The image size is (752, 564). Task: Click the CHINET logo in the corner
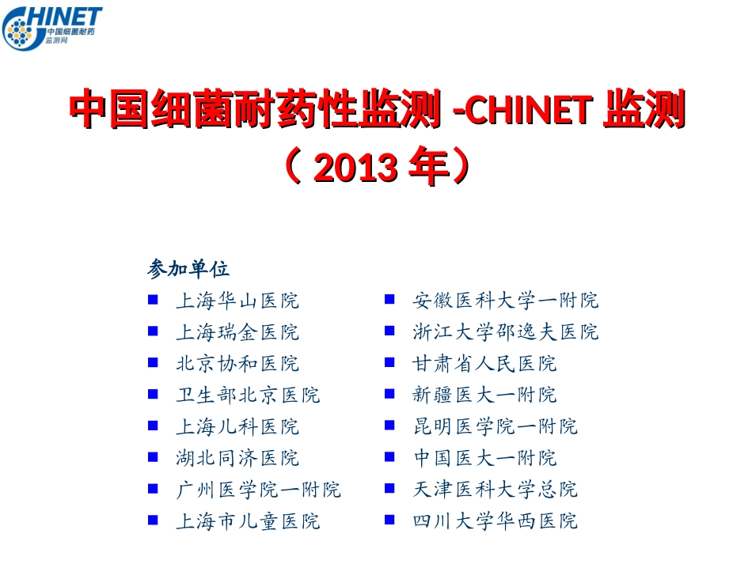coord(52,27)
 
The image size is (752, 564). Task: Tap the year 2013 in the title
coord(355,167)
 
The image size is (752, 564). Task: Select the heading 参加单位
coord(188,269)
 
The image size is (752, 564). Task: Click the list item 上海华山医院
coord(237,301)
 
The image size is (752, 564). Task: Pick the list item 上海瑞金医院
coord(237,332)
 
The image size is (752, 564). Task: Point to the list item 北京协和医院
coord(237,364)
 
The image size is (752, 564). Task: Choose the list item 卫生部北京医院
coord(248,395)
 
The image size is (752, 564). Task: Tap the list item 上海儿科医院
coord(237,426)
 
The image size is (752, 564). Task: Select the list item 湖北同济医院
coord(237,458)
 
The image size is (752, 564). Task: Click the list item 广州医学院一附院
coord(258,490)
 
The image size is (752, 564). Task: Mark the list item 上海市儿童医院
coord(248,521)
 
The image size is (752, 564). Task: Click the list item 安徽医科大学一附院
coord(506,301)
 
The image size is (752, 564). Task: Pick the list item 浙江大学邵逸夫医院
coord(506,332)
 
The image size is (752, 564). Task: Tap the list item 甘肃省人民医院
coord(484,364)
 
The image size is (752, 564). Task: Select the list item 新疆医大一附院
coord(484,395)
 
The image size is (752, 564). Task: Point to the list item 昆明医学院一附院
coord(495,426)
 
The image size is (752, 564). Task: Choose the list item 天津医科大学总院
coord(495,490)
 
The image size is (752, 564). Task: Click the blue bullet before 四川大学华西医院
coord(389,520)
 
